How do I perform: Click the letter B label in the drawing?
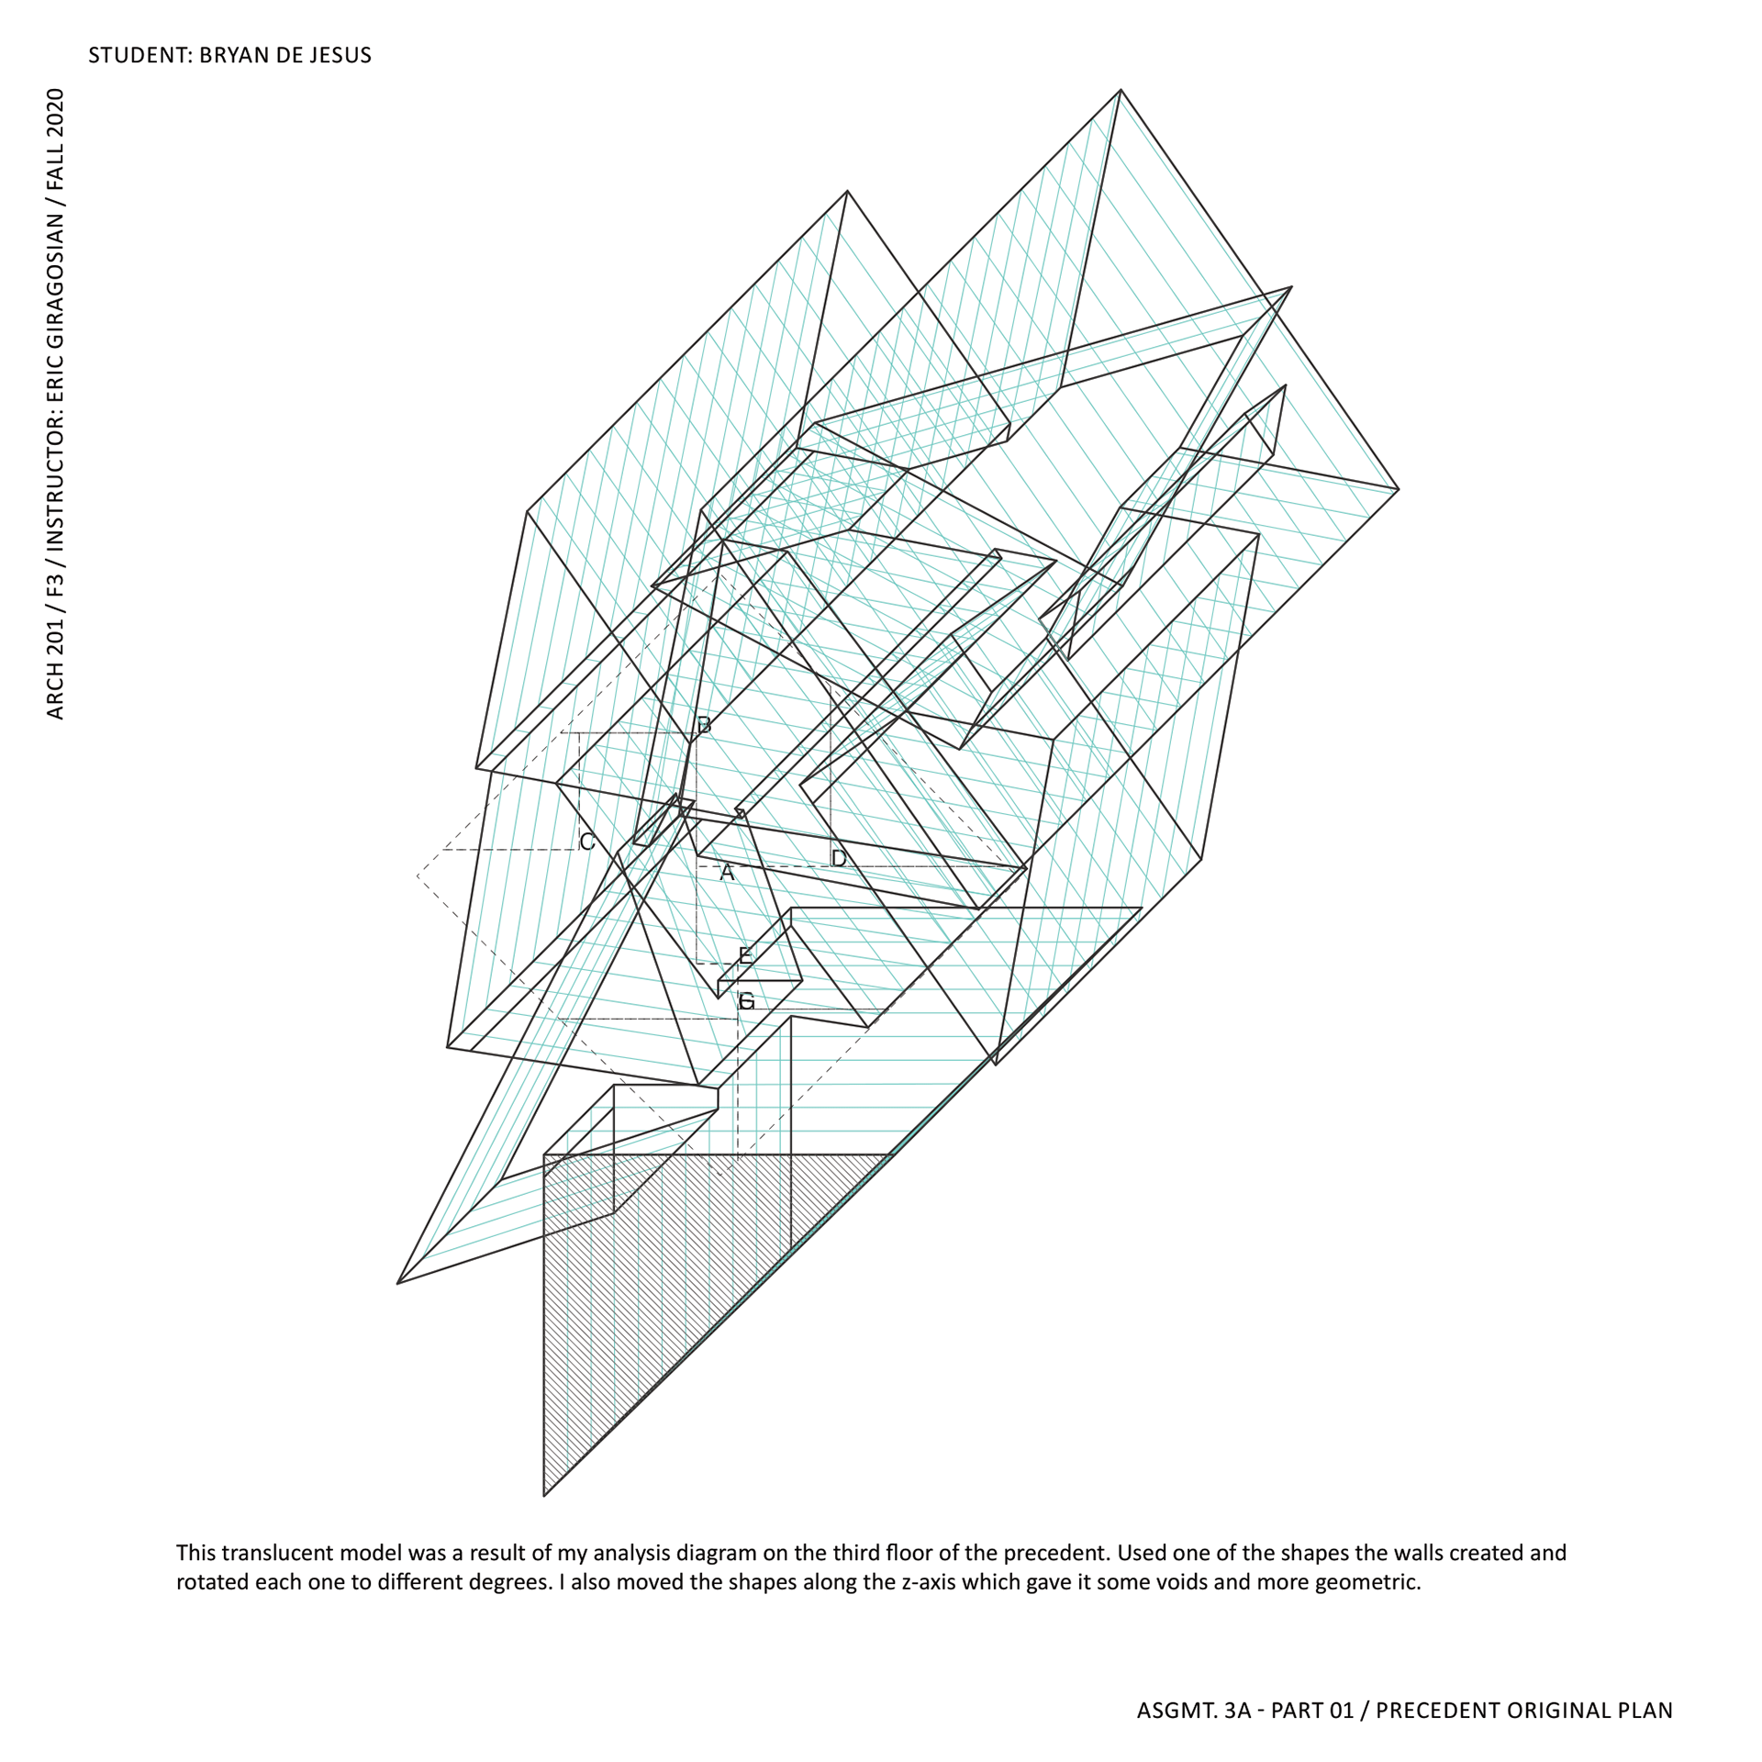point(704,725)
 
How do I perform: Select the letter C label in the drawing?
point(587,842)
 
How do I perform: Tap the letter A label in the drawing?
point(727,873)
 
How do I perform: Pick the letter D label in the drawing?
point(839,858)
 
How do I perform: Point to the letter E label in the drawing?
point(745,955)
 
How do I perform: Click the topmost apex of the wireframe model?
point(1121,90)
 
